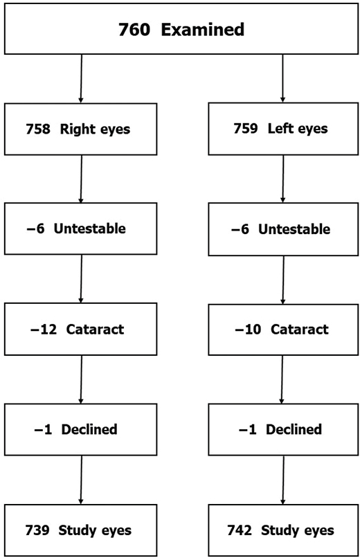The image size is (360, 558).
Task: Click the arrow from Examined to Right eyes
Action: (x=82, y=79)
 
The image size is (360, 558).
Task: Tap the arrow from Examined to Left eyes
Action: (x=282, y=79)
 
